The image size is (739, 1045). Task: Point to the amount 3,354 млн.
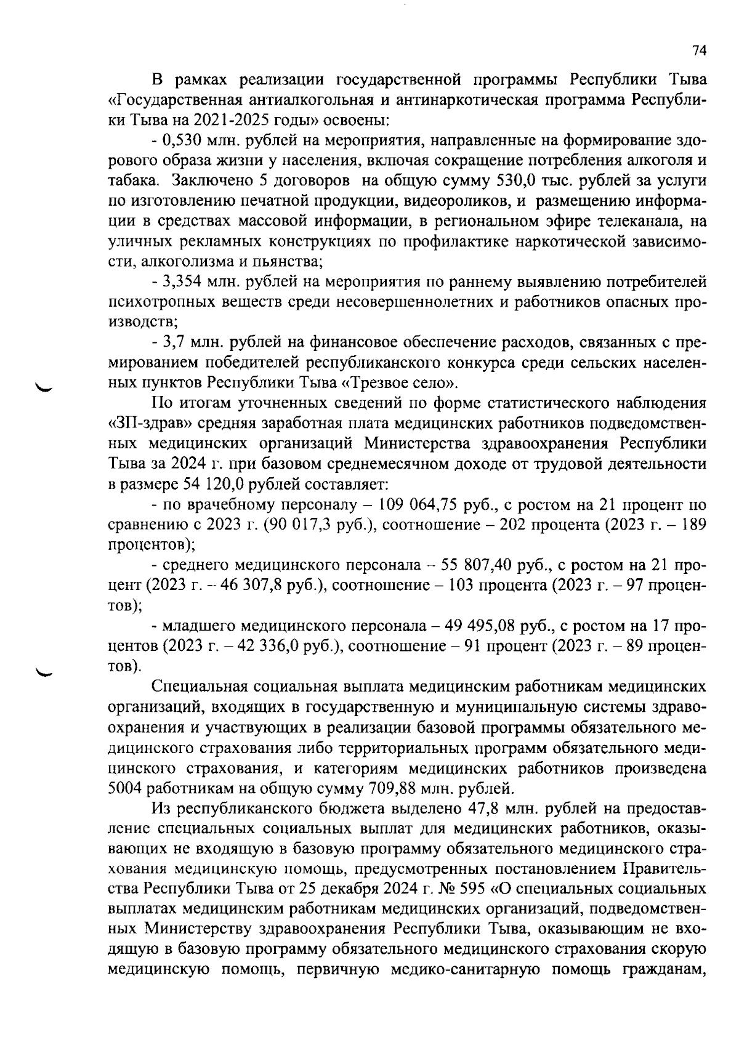(x=183, y=283)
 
